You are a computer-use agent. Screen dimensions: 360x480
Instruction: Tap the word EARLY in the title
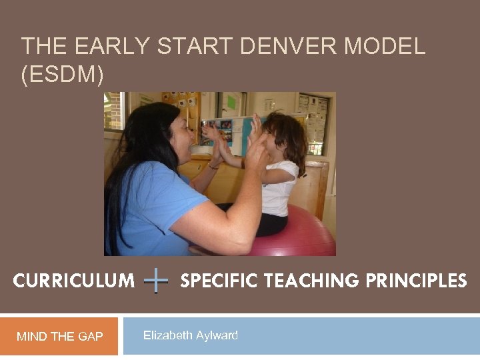click(111, 47)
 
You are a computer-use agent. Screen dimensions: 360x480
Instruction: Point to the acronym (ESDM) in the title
click(63, 75)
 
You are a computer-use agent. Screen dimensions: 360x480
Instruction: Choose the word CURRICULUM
click(73, 281)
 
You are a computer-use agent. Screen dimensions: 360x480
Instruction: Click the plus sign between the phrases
click(156, 281)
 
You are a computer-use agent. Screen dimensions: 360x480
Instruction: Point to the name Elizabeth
click(167, 335)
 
